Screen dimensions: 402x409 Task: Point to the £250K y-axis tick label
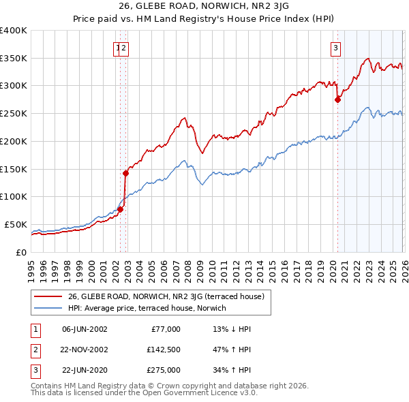[14, 113]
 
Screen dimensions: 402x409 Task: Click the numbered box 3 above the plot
[336, 48]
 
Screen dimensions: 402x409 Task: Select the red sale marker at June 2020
[337, 99]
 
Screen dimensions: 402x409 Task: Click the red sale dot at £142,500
[126, 173]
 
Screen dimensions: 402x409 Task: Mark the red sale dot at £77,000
[121, 209]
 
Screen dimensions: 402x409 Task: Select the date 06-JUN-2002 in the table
[85, 329]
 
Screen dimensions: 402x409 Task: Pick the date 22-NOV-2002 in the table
[85, 350]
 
